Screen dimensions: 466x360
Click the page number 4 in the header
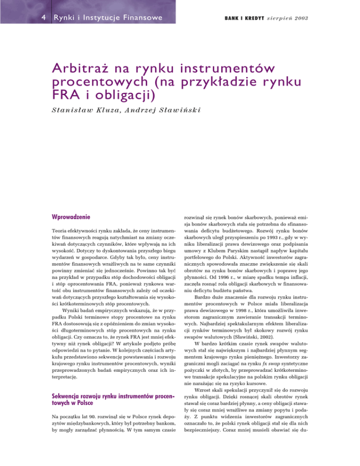[30, 18]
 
